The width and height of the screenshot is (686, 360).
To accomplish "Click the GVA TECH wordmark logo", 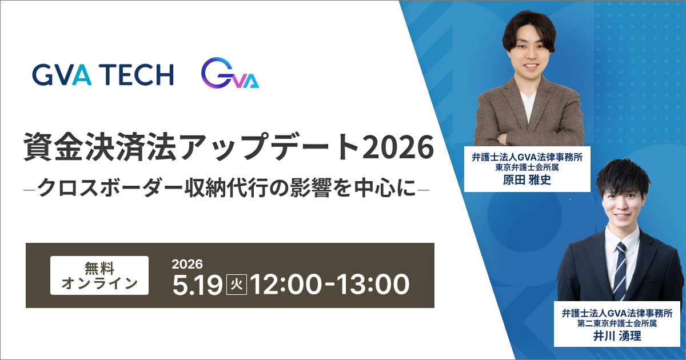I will point(103,74).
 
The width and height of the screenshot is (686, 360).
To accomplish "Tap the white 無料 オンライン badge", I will point(99,275).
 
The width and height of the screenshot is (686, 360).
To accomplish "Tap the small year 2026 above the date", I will point(188,264).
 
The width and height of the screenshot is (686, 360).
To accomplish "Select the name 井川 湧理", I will point(616,335).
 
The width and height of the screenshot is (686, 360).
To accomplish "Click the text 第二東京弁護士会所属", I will point(616,323).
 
